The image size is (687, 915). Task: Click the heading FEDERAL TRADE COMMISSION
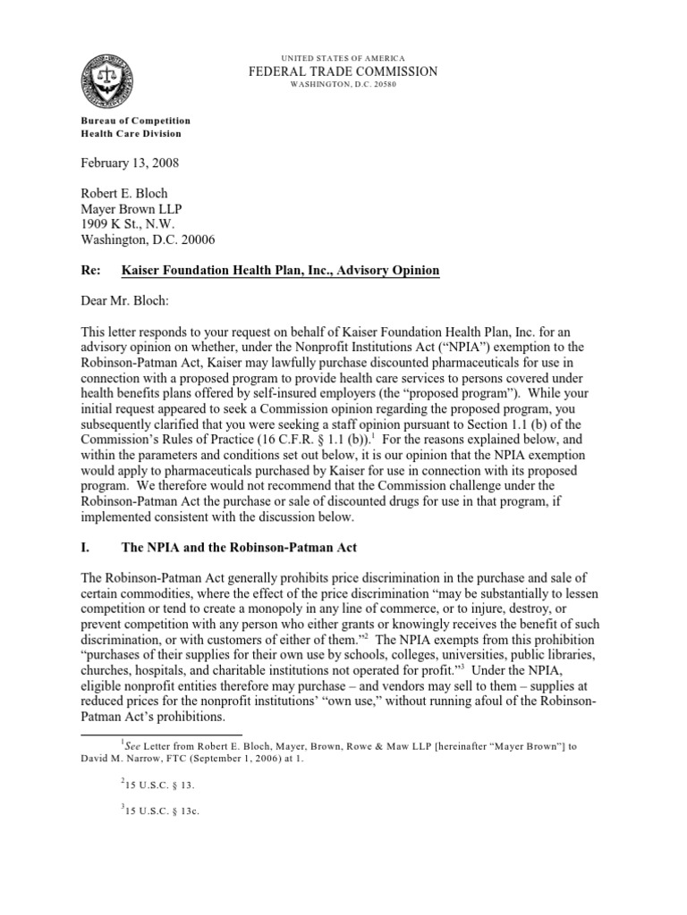pyautogui.click(x=343, y=71)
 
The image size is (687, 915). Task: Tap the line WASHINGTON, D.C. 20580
pyautogui.click(x=343, y=86)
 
